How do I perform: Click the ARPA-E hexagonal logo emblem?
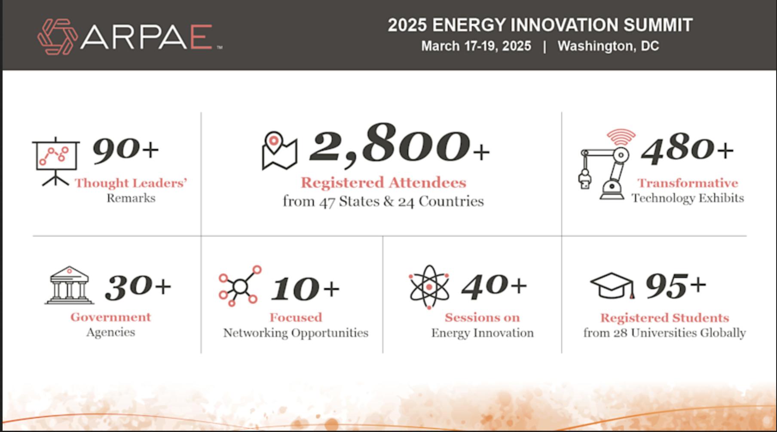(57, 37)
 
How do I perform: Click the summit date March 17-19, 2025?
(476, 46)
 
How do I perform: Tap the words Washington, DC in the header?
(608, 46)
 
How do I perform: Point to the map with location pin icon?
(279, 151)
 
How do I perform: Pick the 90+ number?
(125, 150)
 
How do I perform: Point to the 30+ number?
(138, 287)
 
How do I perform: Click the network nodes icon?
(240, 286)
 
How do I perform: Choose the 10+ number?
(305, 288)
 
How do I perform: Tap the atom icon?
(429, 287)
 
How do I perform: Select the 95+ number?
(676, 285)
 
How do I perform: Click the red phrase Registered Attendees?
(383, 183)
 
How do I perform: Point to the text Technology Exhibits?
(688, 198)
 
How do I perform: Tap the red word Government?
(111, 317)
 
